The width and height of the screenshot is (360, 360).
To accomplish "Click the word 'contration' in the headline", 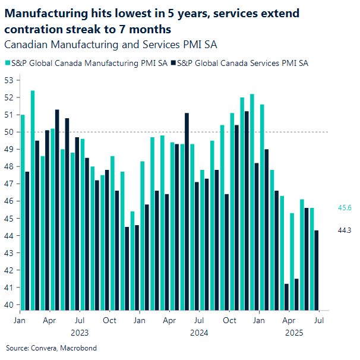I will tap(32, 29).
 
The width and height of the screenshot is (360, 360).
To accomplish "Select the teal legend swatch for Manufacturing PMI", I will tap(7, 62).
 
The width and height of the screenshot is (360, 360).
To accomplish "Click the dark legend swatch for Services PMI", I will tap(173, 62).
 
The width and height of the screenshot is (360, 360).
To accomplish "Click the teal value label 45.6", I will tap(344, 208).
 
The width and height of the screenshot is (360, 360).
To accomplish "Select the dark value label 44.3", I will tap(344, 230).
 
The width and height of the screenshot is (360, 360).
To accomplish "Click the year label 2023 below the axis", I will tap(79, 333).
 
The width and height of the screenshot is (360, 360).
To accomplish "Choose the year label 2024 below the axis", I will tap(199, 333).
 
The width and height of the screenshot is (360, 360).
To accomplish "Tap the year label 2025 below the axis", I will tap(295, 333).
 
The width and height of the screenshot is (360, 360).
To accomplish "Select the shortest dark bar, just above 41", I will tap(286, 297).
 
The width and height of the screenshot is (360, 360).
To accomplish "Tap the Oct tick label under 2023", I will tap(109, 320).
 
